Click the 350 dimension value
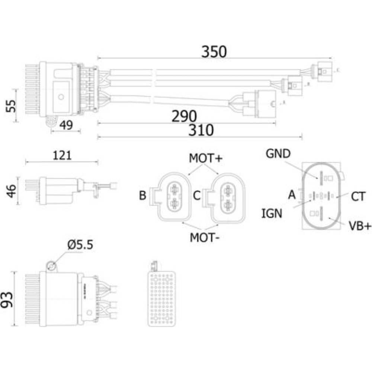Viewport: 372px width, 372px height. tap(214, 52)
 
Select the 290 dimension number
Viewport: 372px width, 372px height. tap(184, 116)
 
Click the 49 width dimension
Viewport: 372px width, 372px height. tap(65, 126)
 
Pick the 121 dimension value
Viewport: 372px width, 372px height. tap(61, 155)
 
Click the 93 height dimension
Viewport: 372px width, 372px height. tap(8, 299)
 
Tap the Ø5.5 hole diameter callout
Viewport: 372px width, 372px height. tap(80, 245)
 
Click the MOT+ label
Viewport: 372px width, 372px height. tap(206, 158)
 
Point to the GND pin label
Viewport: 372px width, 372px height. tap(278, 153)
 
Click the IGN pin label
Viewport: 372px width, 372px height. tap(272, 213)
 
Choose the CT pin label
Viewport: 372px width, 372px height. tap(358, 196)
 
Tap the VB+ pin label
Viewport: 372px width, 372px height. tap(359, 225)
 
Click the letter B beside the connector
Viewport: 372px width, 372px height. tap(142, 196)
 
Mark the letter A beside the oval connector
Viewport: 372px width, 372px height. tap(292, 194)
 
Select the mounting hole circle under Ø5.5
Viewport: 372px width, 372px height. tap(52, 266)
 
